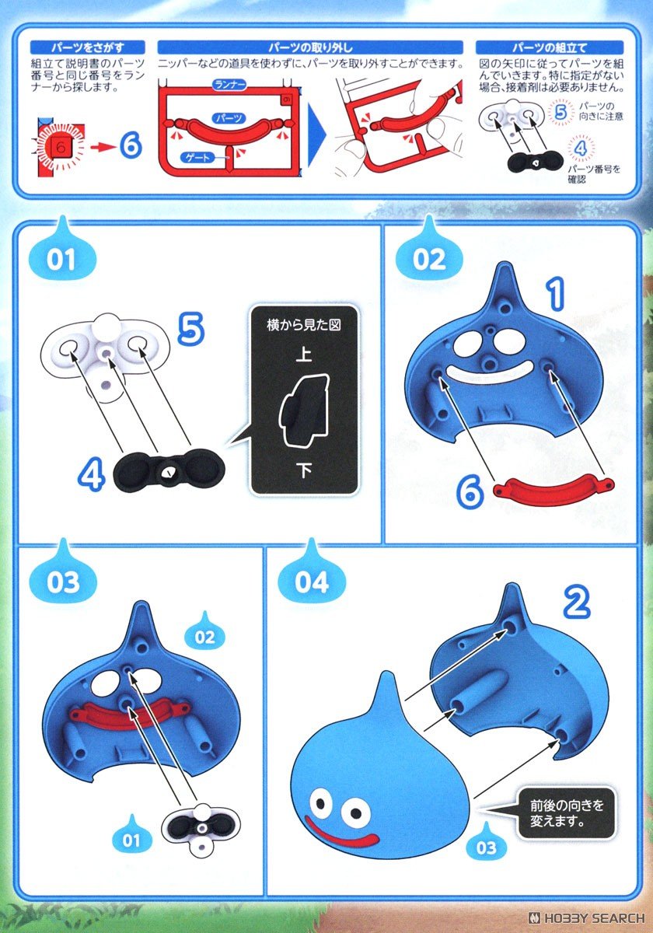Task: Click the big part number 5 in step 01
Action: coord(190,329)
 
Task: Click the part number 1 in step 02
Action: coord(555,295)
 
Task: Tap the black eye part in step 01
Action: coord(169,470)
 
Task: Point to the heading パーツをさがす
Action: coord(87,47)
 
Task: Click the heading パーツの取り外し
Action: coord(310,47)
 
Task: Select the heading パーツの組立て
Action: coord(550,47)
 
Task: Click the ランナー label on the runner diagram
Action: coord(229,86)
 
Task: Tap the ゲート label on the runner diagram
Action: coord(197,157)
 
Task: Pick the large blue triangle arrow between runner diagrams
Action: coord(316,131)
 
